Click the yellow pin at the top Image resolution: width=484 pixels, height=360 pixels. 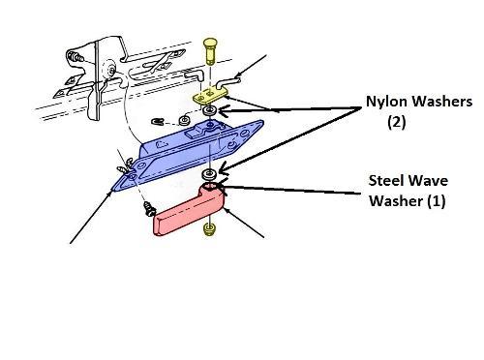pyautogui.click(x=210, y=50)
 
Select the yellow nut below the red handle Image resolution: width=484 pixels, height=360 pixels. pyautogui.click(x=210, y=229)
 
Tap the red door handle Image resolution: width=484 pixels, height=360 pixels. pyautogui.click(x=191, y=209)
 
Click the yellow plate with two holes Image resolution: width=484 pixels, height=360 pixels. pyautogui.click(x=210, y=96)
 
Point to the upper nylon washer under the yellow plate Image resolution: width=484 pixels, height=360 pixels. pyautogui.click(x=210, y=111)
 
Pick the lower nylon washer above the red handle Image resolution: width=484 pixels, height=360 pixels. pyautogui.click(x=210, y=174)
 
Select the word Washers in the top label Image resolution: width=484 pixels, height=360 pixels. pyautogui.click(x=442, y=102)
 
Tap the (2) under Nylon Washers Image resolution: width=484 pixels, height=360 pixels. pyautogui.click(x=397, y=122)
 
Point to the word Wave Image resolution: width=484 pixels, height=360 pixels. pyautogui.click(x=429, y=181)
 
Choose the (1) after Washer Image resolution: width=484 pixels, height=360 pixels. pyautogui.click(x=437, y=200)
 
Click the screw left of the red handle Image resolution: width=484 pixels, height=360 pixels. pyautogui.click(x=149, y=209)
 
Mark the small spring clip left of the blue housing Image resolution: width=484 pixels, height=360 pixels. pyautogui.click(x=158, y=122)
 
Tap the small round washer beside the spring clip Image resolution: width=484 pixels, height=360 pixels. pyautogui.click(x=185, y=121)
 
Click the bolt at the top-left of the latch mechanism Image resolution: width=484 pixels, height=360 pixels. pyautogui.click(x=75, y=58)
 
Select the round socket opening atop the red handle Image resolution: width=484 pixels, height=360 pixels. pyautogui.click(x=211, y=187)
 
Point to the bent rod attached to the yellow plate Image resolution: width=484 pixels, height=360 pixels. pyautogui.click(x=228, y=82)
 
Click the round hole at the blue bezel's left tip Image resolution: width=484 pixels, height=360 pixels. pyautogui.click(x=133, y=176)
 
